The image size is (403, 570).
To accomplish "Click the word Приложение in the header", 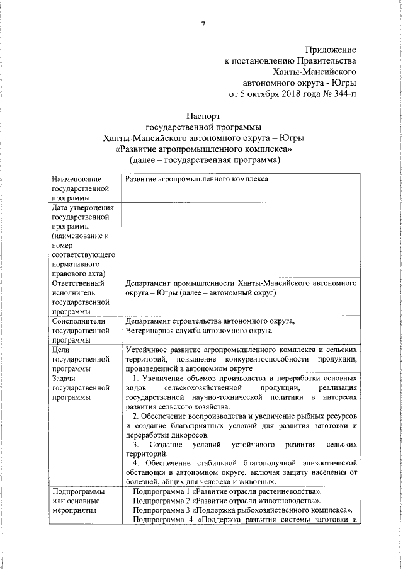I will [x=331, y=50].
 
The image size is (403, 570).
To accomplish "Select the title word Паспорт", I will [x=203, y=116].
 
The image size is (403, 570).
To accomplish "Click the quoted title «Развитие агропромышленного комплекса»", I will [x=203, y=150].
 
